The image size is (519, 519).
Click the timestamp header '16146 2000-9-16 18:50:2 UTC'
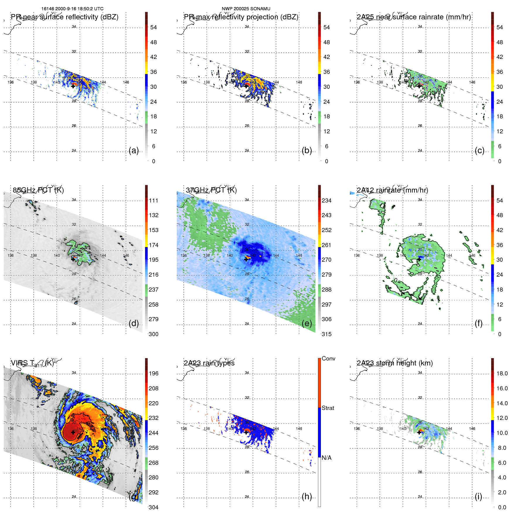(x=72, y=9)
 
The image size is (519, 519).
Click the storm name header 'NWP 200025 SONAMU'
(x=246, y=9)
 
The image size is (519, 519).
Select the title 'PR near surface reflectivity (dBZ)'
(x=64, y=17)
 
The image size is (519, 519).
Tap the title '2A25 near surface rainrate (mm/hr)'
(x=414, y=17)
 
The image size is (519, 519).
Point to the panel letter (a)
(x=134, y=150)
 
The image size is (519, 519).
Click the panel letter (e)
(x=307, y=323)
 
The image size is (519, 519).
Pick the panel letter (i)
(x=478, y=496)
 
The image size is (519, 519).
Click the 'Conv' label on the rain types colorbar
(x=328, y=358)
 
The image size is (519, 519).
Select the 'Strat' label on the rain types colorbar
(x=328, y=408)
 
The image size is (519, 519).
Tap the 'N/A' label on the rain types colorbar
(x=326, y=458)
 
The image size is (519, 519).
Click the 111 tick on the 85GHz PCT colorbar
(x=154, y=200)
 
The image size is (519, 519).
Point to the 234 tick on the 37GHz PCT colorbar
(x=326, y=200)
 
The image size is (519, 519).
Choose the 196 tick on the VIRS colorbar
(x=154, y=373)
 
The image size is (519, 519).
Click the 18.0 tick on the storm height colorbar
(x=502, y=373)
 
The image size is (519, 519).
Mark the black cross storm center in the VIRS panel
(x=73, y=432)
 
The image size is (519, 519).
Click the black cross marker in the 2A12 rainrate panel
(x=419, y=259)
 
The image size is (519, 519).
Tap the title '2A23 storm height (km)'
(x=394, y=363)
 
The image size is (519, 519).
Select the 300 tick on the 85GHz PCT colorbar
(x=154, y=334)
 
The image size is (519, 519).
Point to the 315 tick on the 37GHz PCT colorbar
(x=326, y=334)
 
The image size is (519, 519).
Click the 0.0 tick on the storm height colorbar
(x=502, y=507)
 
